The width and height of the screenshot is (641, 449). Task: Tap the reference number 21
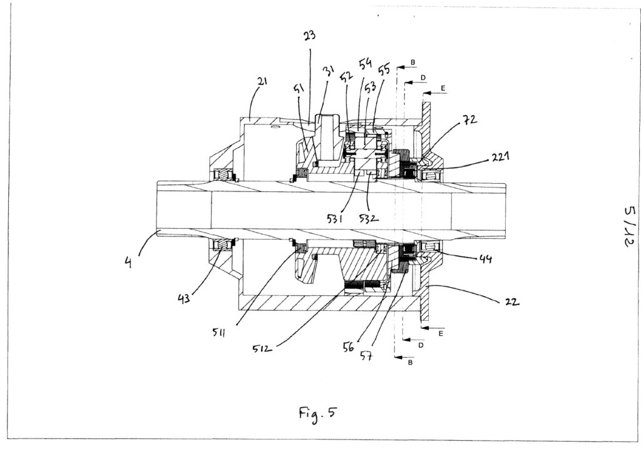(x=262, y=81)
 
